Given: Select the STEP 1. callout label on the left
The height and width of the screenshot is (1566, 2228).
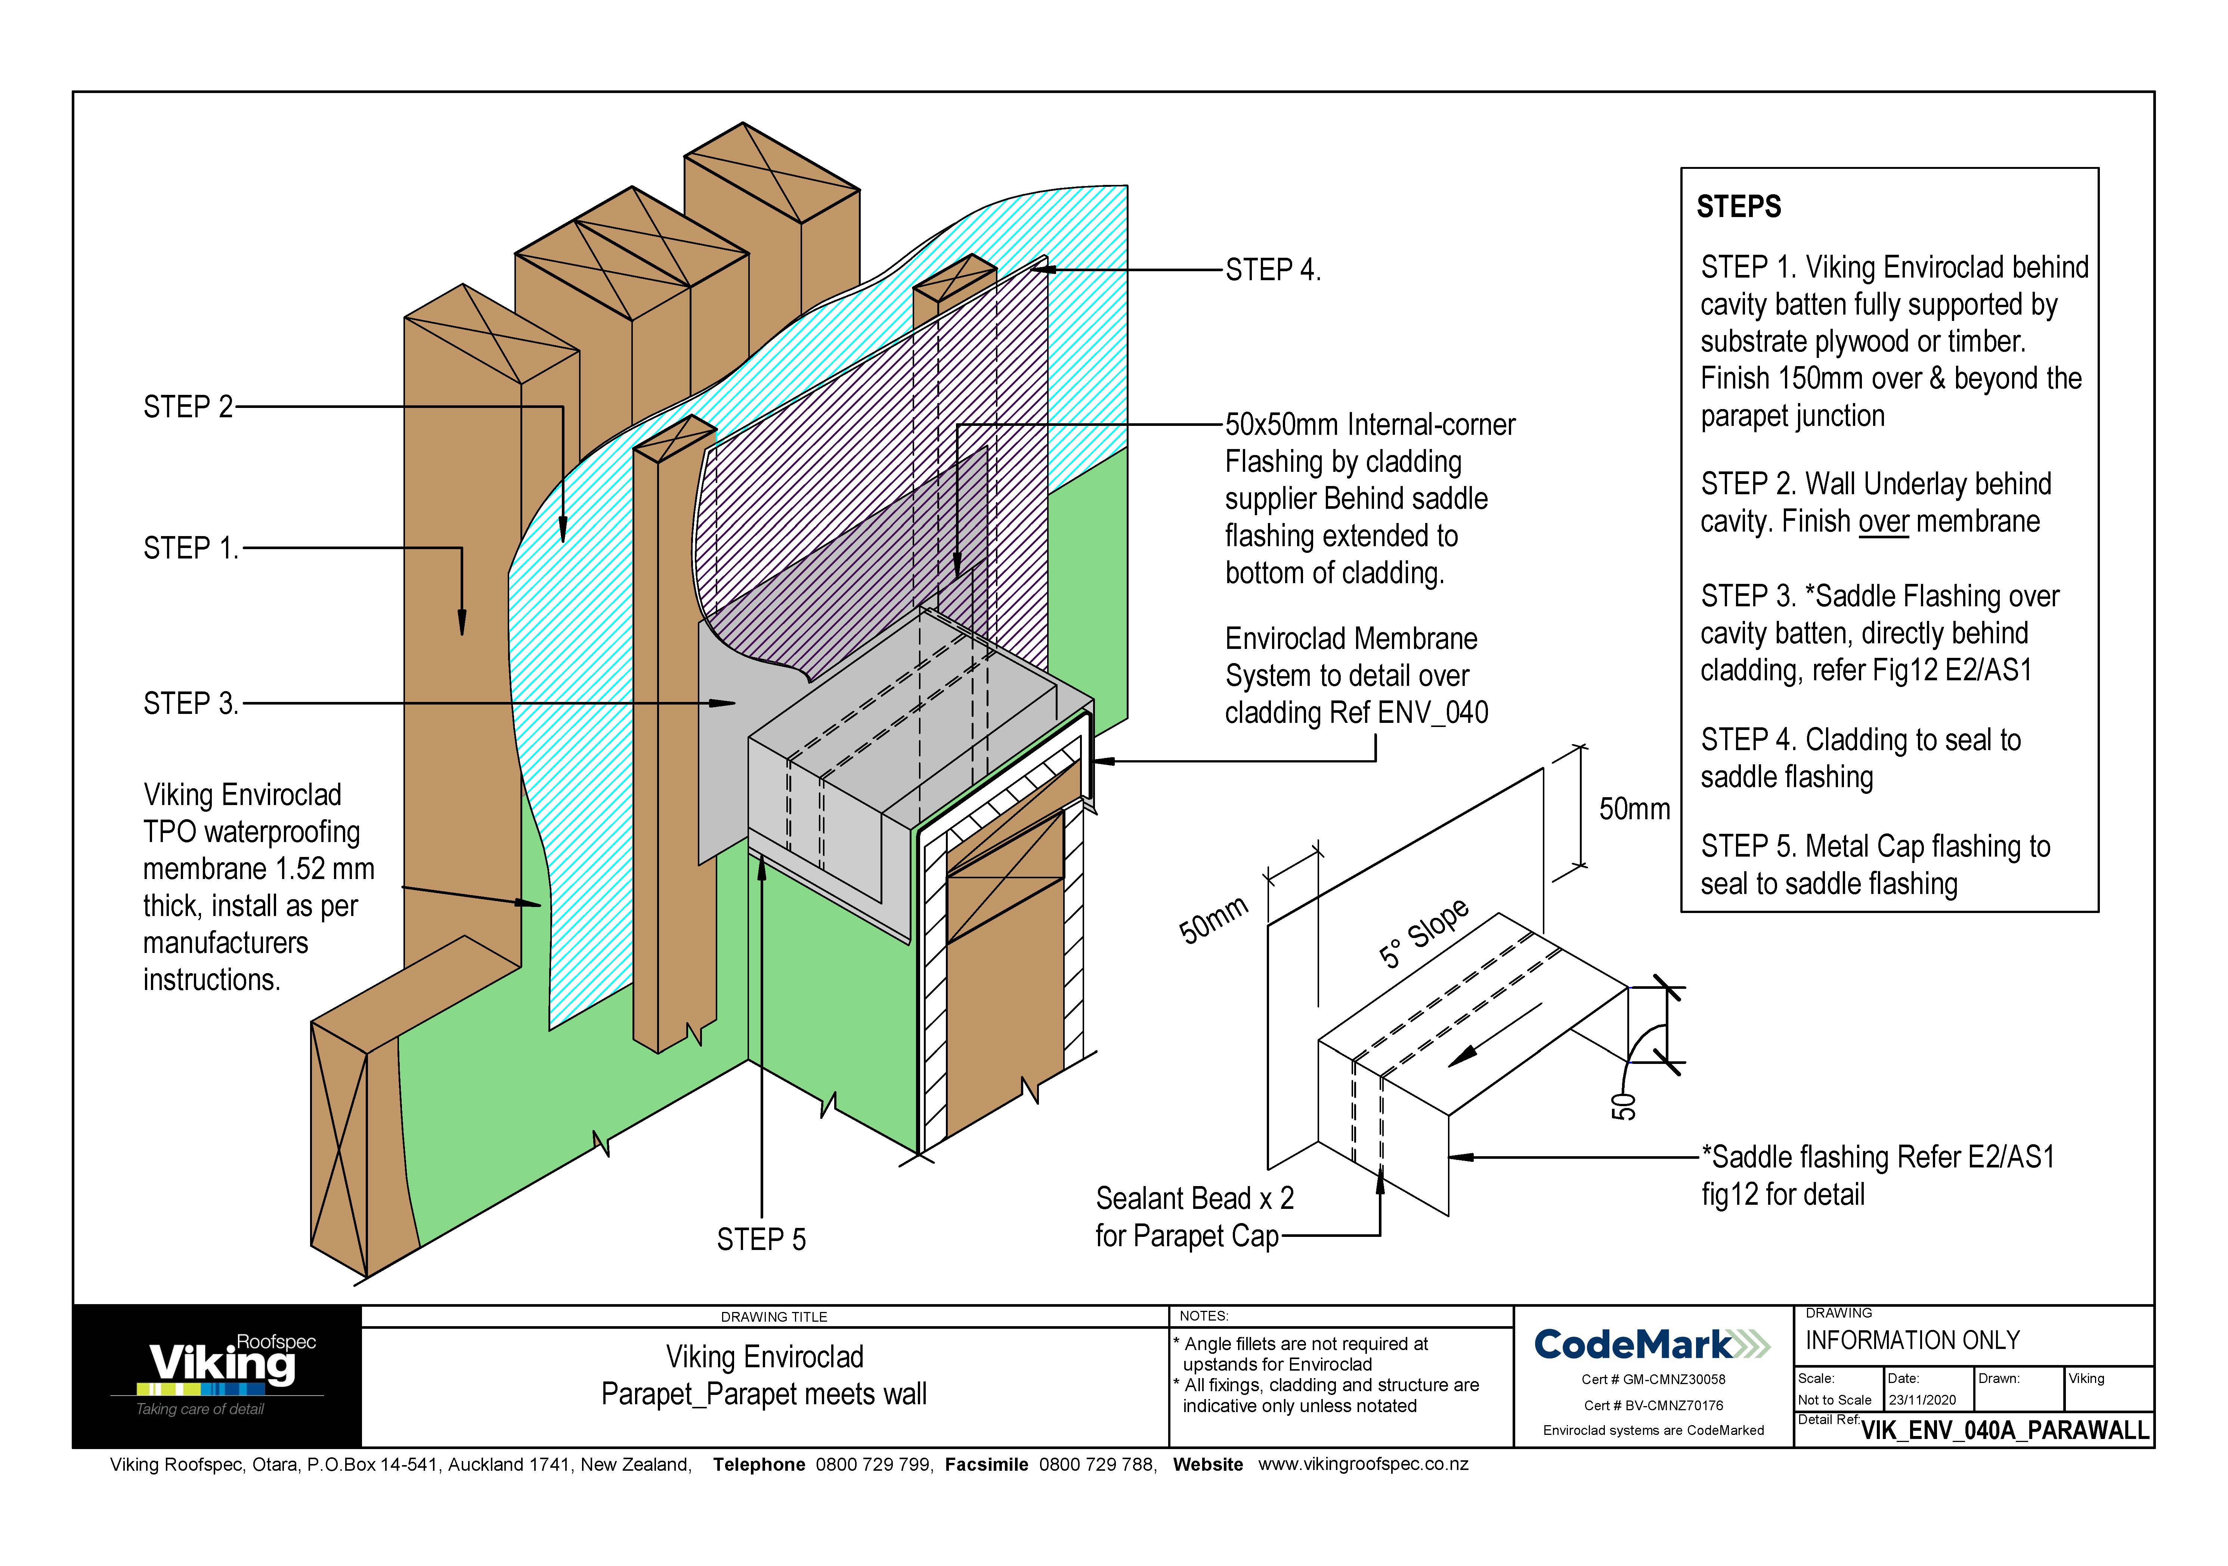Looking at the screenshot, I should (x=190, y=548).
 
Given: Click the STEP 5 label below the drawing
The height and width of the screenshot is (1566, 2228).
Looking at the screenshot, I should (x=761, y=1240).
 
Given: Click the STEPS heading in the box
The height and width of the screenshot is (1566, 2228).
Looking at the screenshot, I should (x=1738, y=207).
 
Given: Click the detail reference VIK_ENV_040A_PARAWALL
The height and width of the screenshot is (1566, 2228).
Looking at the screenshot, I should (x=2005, y=1430).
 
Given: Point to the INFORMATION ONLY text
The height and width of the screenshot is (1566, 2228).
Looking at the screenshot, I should (x=1912, y=1341).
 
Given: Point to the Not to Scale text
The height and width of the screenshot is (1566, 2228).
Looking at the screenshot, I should (x=1834, y=1400).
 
